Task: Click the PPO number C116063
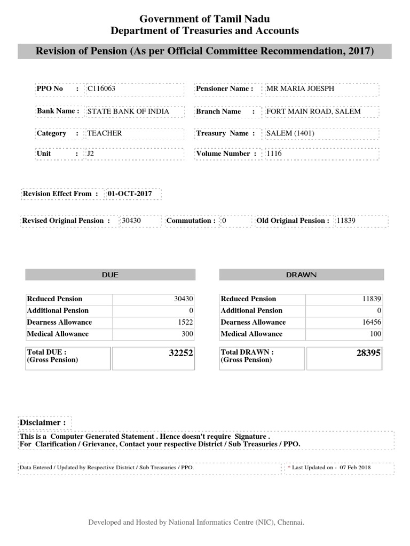click(101, 89)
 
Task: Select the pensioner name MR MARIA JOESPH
click(300, 89)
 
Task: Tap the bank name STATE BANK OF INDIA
click(128, 111)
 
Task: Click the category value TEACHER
click(105, 133)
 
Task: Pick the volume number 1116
click(274, 154)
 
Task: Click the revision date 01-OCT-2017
click(130, 194)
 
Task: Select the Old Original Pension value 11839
click(346, 221)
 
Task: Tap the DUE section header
click(110, 275)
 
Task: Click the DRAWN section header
click(301, 275)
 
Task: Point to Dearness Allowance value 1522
click(185, 322)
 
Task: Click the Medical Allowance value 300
click(187, 334)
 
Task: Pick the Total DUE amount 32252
click(180, 353)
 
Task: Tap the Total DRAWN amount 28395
click(368, 353)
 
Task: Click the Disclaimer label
click(43, 422)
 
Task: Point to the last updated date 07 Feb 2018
click(355, 467)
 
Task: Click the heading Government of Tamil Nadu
click(204, 19)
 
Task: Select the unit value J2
click(91, 154)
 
